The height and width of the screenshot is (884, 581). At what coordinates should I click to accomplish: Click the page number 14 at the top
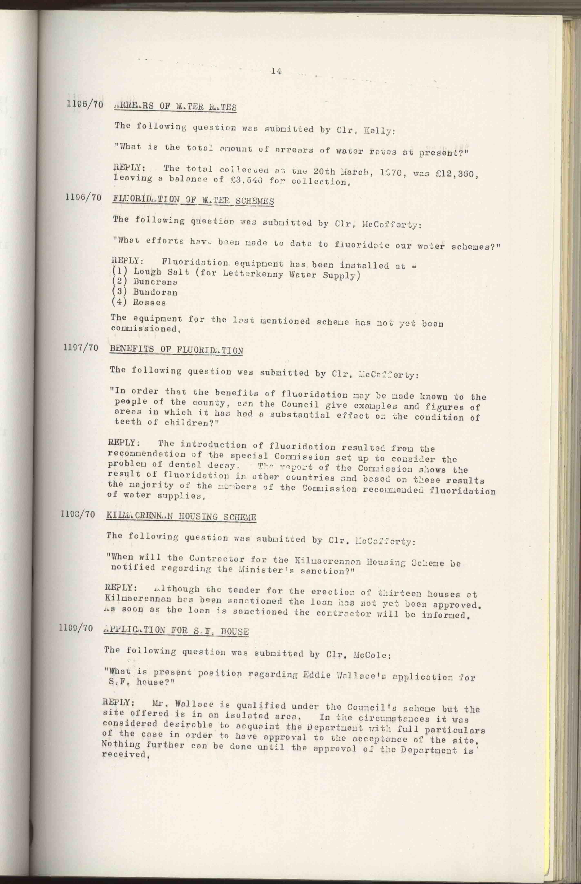(x=276, y=71)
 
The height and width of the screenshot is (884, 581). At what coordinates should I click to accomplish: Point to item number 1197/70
(x=81, y=348)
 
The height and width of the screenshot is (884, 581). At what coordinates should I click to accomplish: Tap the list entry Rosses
(x=149, y=302)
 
